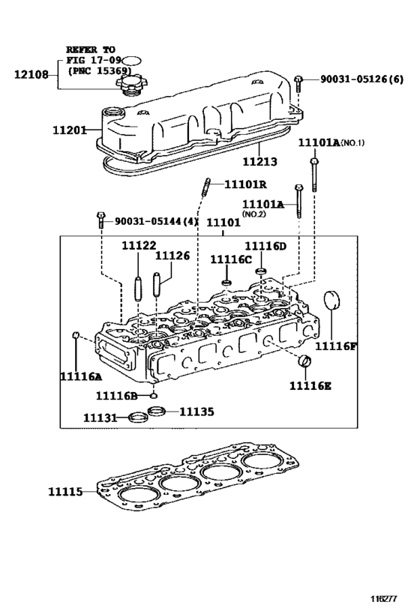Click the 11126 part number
[172, 256]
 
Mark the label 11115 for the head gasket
[69, 491]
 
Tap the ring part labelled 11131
[137, 418]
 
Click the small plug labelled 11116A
[76, 334]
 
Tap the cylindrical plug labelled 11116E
[304, 364]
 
